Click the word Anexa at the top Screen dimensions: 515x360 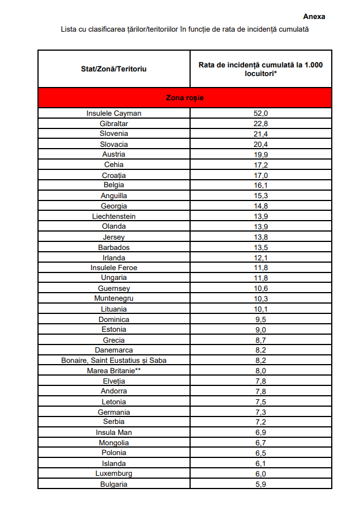coord(314,17)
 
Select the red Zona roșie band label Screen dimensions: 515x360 coord(184,98)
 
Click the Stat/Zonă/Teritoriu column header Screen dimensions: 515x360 coord(113,69)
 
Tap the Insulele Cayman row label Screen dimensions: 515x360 coord(113,113)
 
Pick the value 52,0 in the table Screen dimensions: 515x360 coord(261,113)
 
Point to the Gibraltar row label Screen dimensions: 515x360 coord(113,124)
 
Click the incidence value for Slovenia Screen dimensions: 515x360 coord(261,134)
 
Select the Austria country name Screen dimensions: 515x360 coord(113,154)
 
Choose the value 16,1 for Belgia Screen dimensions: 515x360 coord(261,185)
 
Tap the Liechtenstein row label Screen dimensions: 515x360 coord(113,216)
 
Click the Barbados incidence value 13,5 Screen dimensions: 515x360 coord(261,247)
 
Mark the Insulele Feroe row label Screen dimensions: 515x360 coord(113,268)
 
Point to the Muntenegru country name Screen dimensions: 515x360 coord(113,298)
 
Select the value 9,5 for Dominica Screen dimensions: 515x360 coord(261,319)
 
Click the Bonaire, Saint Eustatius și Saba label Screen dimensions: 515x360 coord(113,361)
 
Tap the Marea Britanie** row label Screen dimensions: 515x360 coord(113,370)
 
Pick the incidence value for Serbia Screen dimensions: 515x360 coord(261,422)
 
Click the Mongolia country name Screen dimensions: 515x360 coord(113,443)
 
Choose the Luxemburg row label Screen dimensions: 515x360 coord(113,474)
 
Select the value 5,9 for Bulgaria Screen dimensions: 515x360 coord(261,484)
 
